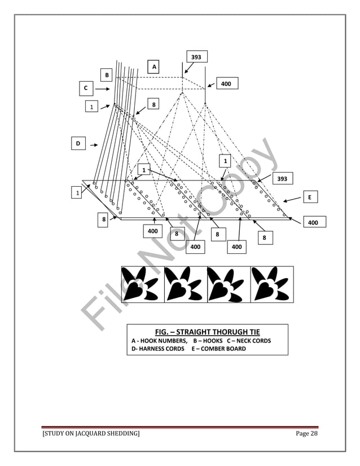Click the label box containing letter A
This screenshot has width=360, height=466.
[153, 67]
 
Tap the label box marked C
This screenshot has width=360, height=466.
[86, 89]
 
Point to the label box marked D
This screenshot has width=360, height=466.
[78, 144]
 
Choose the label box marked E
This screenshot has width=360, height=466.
[310, 197]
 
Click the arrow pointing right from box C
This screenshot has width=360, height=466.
[102, 89]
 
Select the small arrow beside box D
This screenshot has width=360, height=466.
[94, 144]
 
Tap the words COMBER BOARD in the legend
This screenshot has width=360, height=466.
[222, 349]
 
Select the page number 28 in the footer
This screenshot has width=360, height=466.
[314, 433]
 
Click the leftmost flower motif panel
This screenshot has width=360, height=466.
[142, 284]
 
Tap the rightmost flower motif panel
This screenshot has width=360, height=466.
[271, 284]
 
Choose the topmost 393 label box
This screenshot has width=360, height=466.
[196, 57]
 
